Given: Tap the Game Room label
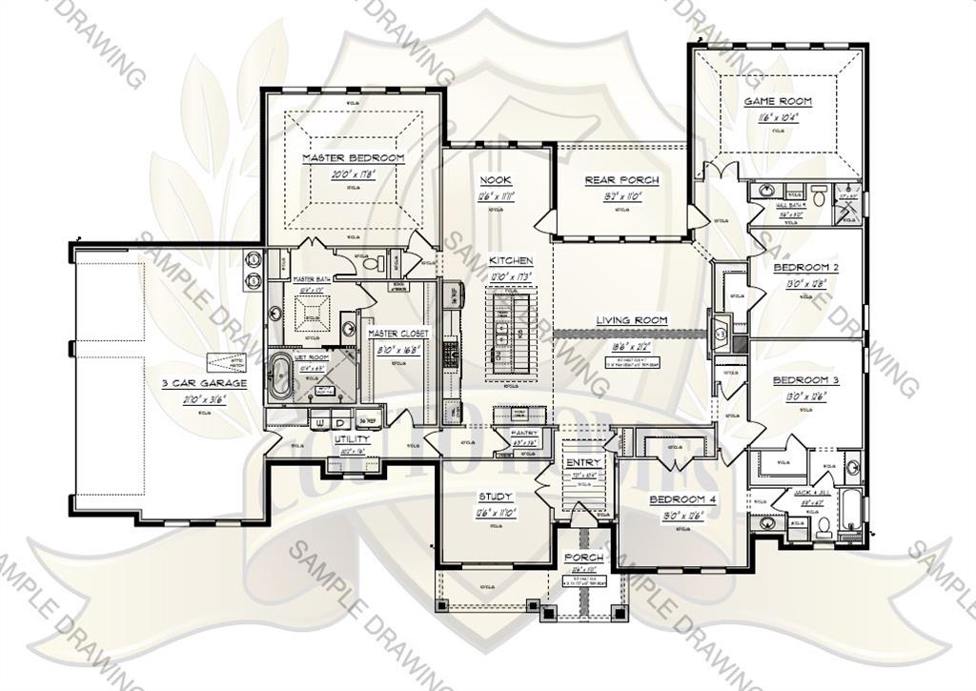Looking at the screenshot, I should tap(778, 101).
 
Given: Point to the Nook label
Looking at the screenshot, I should tap(496, 180).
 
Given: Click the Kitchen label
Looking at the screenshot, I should tap(511, 260).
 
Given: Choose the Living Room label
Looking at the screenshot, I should tap(632, 320).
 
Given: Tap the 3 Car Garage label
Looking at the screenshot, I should tap(204, 383).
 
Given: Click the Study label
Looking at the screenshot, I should tap(496, 497).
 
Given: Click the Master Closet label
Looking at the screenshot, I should tap(399, 334).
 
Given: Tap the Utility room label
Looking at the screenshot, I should tap(352, 439).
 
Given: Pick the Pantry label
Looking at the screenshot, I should tap(524, 434).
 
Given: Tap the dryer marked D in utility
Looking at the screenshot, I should tap(339, 421).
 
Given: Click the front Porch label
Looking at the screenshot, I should tap(583, 558).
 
